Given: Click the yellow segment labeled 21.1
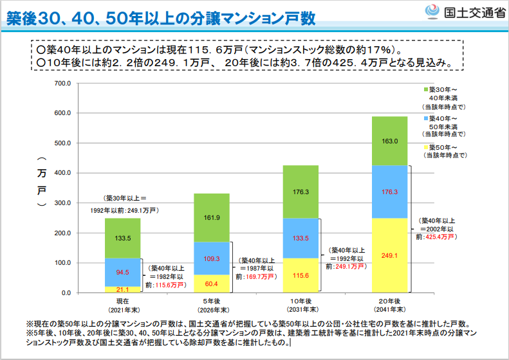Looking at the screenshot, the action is tap(122, 290).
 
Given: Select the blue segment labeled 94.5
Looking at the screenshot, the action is tap(122, 273).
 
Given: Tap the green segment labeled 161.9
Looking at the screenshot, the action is tap(212, 218).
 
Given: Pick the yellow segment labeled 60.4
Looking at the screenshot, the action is tap(212, 283).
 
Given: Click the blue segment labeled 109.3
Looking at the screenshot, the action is tap(212, 258).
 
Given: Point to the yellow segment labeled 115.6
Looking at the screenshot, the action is tap(301, 276).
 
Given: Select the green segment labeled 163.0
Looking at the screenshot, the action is tap(389, 141).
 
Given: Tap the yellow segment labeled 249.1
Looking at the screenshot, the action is tap(389, 256).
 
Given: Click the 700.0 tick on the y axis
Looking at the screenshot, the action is tap(62, 84).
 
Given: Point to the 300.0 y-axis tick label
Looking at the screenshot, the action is tap(62, 203).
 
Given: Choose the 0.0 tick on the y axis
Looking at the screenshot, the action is tap(66, 293).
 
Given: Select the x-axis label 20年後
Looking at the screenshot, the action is tap(389, 301).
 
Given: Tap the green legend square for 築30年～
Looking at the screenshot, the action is tap(426, 89).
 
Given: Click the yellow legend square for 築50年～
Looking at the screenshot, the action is tap(426, 148).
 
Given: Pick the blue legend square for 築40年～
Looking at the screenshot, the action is tap(426, 119).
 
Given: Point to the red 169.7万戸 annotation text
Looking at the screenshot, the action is tap(260, 277).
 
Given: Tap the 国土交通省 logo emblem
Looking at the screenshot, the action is tap(432, 12).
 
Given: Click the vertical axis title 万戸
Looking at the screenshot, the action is tap(42, 182).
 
